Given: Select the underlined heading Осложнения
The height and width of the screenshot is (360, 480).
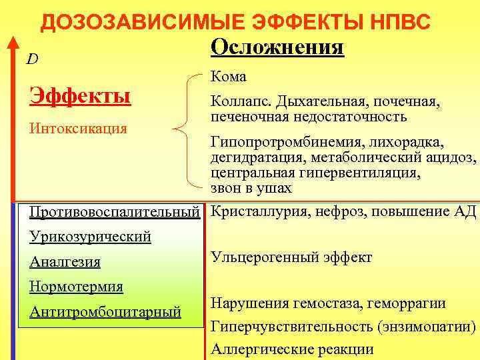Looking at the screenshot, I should [x=277, y=48].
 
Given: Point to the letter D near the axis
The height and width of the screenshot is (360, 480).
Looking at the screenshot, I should [x=32, y=59].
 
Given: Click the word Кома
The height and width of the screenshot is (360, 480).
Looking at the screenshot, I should [x=229, y=77].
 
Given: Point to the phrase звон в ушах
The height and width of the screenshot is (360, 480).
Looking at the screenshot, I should [x=251, y=188].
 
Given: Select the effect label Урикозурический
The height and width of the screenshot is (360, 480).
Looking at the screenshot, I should [x=91, y=237].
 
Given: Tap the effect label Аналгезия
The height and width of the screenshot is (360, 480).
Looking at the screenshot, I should [x=65, y=262].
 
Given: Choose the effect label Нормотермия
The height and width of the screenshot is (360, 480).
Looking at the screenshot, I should [x=77, y=287].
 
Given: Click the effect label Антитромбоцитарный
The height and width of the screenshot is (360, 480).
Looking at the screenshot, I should [x=105, y=311].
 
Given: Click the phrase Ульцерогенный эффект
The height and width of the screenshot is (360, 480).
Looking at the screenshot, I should [x=291, y=257].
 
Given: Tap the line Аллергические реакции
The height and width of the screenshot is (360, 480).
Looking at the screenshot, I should [x=292, y=349].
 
